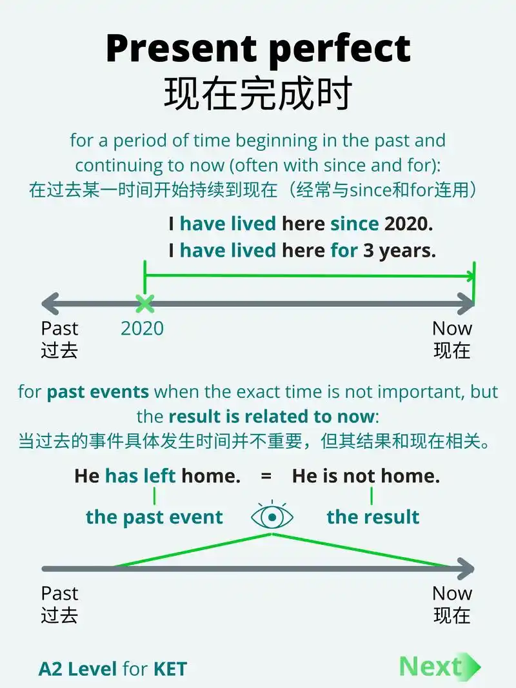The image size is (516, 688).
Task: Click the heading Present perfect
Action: pyautogui.click(x=258, y=49)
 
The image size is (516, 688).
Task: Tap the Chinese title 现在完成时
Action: pyautogui.click(x=258, y=94)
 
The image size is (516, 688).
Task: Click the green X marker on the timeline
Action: pyautogui.click(x=144, y=303)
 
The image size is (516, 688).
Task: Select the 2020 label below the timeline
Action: pyautogui.click(x=142, y=328)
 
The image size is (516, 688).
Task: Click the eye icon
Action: pyautogui.click(x=272, y=516)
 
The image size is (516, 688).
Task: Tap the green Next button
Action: pyautogui.click(x=439, y=667)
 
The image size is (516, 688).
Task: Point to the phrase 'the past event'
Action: pyautogui.click(x=154, y=517)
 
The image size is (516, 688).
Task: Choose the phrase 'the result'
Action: pyautogui.click(x=373, y=517)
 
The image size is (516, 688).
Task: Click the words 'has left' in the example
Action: pyautogui.click(x=141, y=477)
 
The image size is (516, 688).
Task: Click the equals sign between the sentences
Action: pyautogui.click(x=266, y=477)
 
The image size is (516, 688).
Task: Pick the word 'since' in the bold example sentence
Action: pyautogui.click(x=355, y=224)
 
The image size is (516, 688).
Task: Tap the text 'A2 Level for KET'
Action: pyautogui.click(x=113, y=669)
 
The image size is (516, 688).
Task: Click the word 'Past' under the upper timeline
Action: pyautogui.click(x=59, y=328)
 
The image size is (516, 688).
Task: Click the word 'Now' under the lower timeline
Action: pyautogui.click(x=452, y=593)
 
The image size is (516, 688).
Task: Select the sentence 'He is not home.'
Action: pyautogui.click(x=366, y=477)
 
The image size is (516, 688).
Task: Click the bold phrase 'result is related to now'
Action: pyautogui.click(x=272, y=417)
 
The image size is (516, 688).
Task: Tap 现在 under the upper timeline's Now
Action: pyautogui.click(x=452, y=351)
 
